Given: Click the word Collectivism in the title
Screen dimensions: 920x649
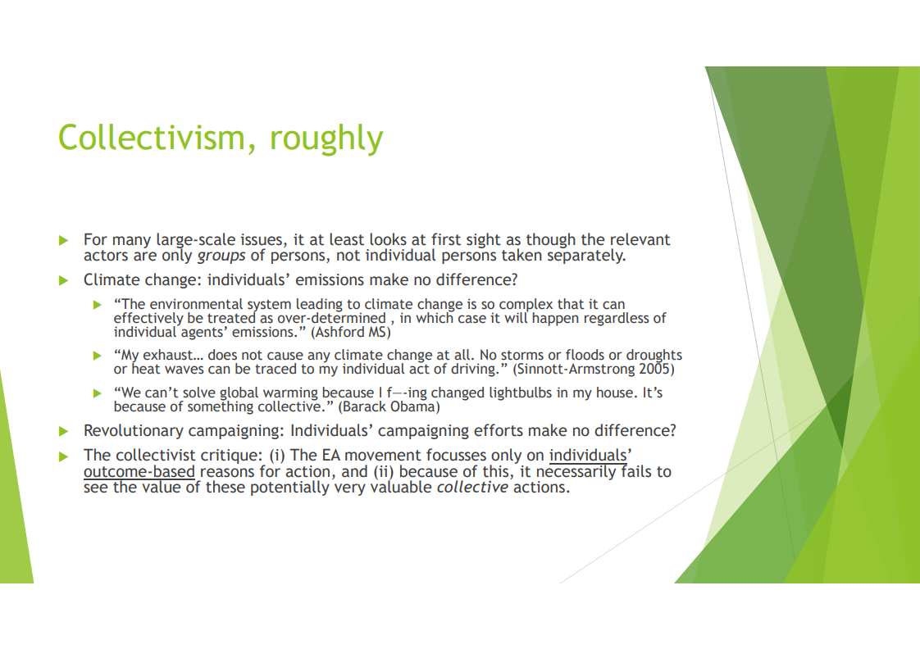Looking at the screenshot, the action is tap(152, 138).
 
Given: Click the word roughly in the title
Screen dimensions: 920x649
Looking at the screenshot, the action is tap(326, 139).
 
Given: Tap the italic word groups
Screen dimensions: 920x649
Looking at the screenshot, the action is tap(221, 256).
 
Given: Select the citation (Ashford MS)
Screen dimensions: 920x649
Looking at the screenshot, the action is tap(351, 333).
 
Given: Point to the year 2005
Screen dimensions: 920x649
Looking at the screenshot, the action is tap(655, 369).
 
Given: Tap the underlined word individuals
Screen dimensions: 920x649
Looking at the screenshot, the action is tap(587, 456).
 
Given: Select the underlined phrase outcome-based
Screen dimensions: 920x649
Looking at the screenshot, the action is tap(139, 472).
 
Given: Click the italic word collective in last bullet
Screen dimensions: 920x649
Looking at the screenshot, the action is tap(472, 488).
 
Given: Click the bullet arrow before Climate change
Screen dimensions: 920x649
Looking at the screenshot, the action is tap(64, 281).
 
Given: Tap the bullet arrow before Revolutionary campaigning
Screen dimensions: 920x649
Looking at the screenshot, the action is tap(64, 432).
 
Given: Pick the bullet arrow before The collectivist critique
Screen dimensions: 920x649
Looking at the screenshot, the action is tap(64, 456).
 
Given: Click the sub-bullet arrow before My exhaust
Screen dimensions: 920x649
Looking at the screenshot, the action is tap(98, 356).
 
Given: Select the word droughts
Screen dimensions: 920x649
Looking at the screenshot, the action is tap(654, 356).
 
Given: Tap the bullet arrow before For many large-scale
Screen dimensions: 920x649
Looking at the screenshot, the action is tap(64, 240).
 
